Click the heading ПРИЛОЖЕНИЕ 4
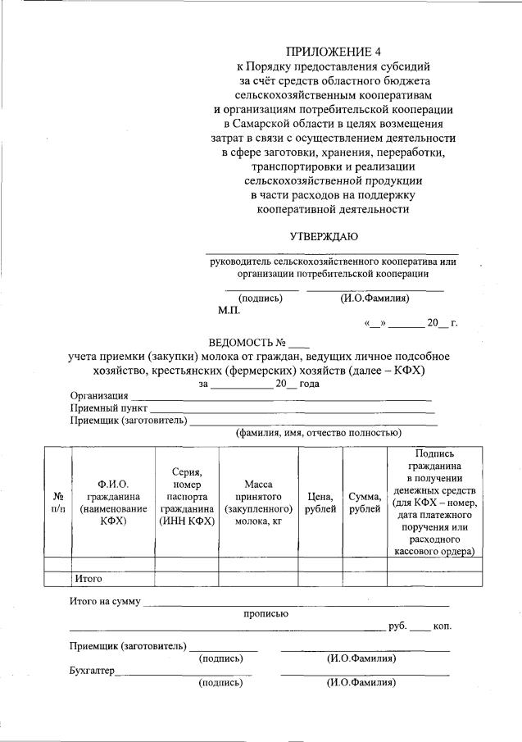coord(333,50)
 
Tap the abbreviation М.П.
coord(229,311)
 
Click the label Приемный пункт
coord(109,408)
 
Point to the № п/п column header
coord(58,503)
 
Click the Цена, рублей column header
coord(320,503)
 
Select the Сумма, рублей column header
coord(365,503)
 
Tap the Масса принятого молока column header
coord(258,503)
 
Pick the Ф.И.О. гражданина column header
coord(113,503)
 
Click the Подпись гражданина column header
coord(434,503)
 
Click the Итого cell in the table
coord(88,578)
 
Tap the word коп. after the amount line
coord(443,626)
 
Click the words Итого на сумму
coord(106,603)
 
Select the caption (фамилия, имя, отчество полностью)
coord(318,433)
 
